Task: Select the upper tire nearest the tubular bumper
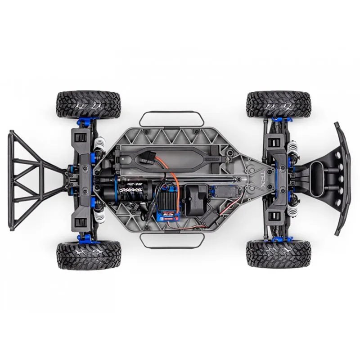tap(89, 104)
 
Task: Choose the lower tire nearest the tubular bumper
tap(89, 255)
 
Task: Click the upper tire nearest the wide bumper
tap(279, 104)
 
